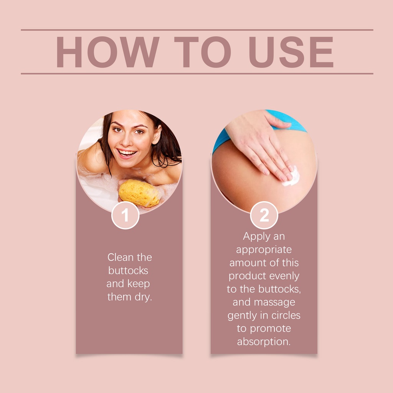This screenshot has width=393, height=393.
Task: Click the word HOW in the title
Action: click(x=108, y=52)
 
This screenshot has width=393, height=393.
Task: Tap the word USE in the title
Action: click(x=291, y=52)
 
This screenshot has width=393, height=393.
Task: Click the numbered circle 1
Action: click(x=125, y=215)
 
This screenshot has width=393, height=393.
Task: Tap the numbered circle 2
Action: click(x=264, y=215)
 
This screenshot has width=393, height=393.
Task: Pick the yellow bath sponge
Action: click(x=139, y=193)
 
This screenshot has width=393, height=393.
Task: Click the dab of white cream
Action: click(x=292, y=177)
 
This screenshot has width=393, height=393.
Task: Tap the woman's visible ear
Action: click(x=157, y=134)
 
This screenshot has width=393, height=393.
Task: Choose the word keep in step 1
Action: click(x=139, y=284)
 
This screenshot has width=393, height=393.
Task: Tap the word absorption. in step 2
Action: click(x=264, y=342)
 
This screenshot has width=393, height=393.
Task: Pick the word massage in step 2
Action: click(x=274, y=302)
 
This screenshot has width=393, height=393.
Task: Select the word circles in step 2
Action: click(x=286, y=315)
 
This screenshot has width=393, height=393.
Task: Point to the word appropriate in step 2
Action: click(x=264, y=250)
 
